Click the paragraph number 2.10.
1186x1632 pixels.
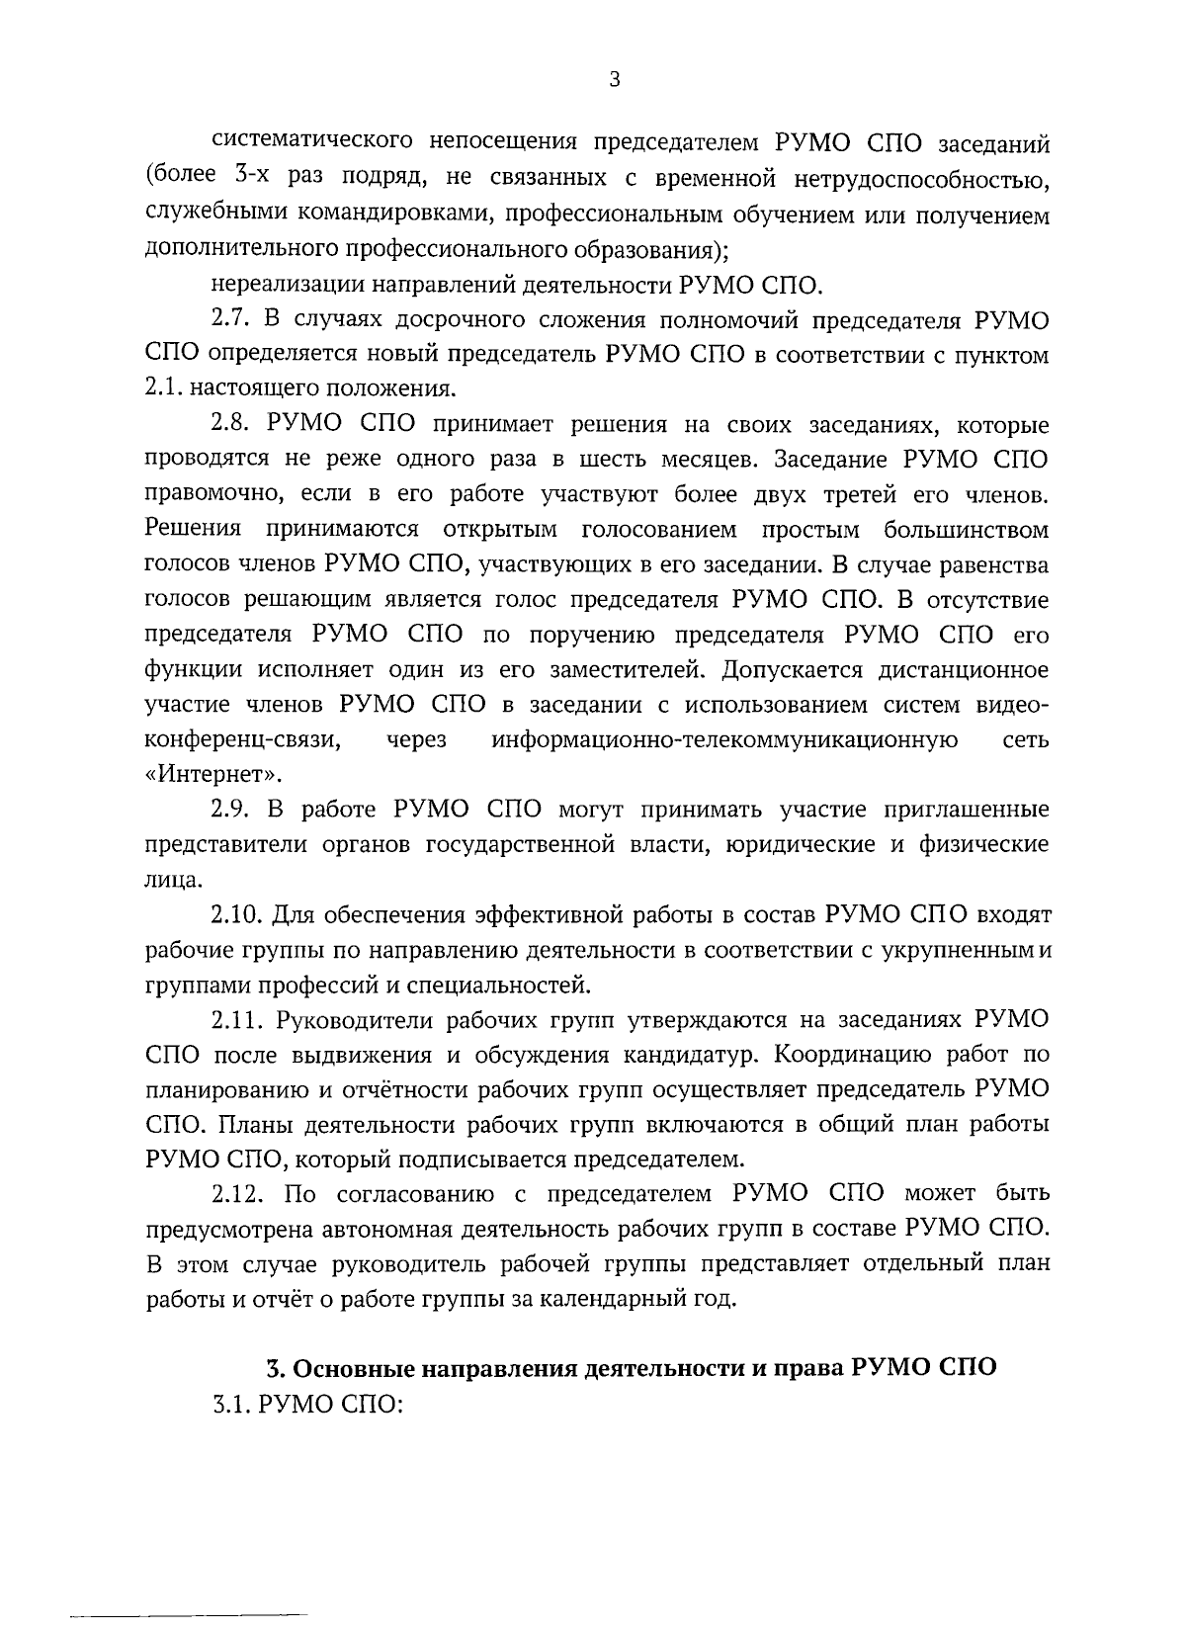click(236, 914)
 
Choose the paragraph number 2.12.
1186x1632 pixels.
click(237, 1193)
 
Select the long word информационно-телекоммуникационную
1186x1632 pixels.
click(724, 740)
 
